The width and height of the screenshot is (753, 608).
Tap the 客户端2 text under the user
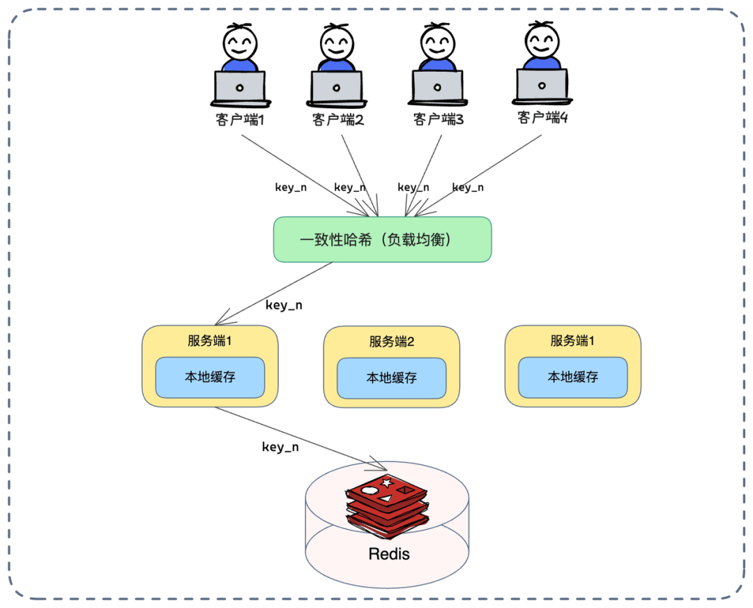click(338, 119)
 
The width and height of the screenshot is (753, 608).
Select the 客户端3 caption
click(439, 119)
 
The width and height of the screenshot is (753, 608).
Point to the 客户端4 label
click(542, 116)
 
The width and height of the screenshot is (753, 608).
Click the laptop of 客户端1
click(240, 88)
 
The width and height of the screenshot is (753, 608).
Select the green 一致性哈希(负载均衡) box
click(382, 239)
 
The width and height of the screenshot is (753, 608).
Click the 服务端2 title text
click(392, 342)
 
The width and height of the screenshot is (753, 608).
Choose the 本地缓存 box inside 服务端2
click(392, 378)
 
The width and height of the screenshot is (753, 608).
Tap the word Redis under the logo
click(389, 554)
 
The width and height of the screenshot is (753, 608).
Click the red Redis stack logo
click(388, 503)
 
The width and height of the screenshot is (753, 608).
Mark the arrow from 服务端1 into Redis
click(300, 438)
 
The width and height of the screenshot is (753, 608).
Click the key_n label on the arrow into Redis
click(280, 447)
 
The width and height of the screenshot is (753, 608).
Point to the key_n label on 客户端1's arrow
click(291, 187)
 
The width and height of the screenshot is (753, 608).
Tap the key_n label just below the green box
click(284, 305)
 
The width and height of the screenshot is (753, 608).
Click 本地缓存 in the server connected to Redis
click(210, 377)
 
